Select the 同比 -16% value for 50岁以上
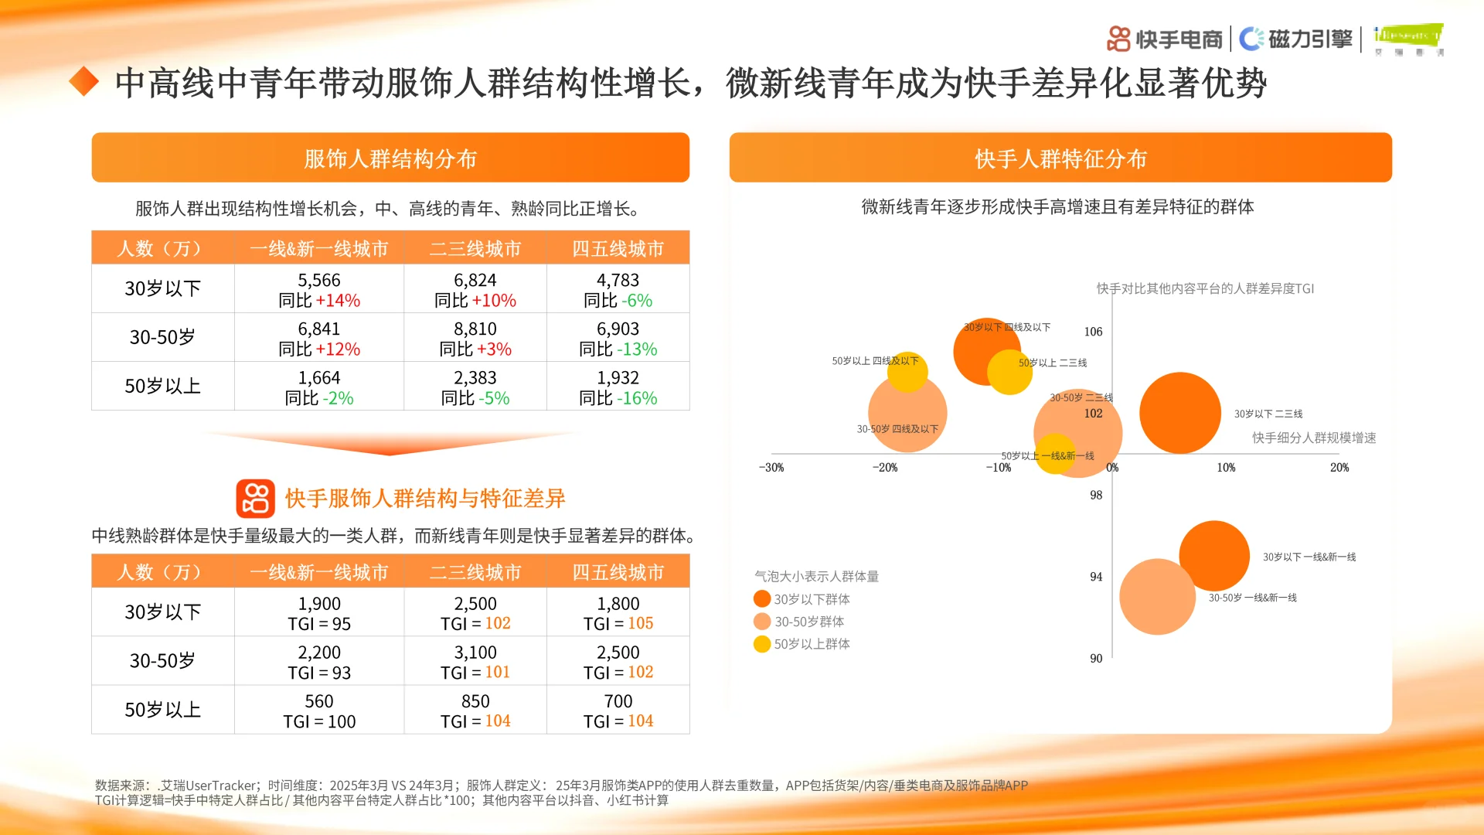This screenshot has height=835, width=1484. (618, 398)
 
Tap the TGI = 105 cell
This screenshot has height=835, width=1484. (618, 623)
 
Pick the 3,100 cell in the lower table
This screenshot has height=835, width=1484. (475, 653)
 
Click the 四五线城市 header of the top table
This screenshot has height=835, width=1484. (618, 248)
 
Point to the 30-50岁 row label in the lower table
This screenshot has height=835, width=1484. (162, 661)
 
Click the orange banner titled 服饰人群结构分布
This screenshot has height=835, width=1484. (390, 158)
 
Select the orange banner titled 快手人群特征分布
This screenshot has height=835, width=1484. (1060, 158)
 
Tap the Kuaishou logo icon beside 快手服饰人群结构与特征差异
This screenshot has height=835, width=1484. (255, 499)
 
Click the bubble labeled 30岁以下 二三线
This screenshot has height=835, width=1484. (1179, 413)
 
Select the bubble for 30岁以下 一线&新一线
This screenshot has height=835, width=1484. (1213, 556)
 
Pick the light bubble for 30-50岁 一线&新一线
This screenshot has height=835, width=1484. (1157, 597)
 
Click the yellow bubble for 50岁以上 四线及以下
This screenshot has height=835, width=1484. (907, 372)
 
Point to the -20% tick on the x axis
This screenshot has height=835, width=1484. (885, 468)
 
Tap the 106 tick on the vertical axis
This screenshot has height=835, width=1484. (1093, 332)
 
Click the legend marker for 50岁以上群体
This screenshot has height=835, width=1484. (762, 644)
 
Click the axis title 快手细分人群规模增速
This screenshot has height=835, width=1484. (1314, 438)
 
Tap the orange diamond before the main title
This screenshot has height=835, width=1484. (83, 82)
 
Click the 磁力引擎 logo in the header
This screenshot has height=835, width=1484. (1295, 39)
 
